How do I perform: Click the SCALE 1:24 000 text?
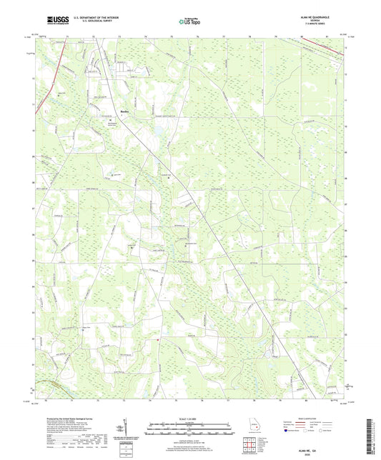click(x=190, y=418)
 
